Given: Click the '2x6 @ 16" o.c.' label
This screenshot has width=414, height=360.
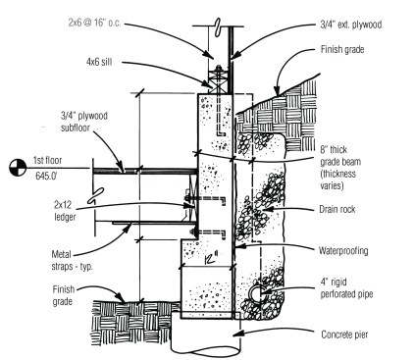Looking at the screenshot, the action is tap(94, 23).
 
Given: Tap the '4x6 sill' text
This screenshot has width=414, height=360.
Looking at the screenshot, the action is tap(99, 62).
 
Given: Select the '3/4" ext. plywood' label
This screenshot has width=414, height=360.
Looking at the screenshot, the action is tap(350, 25).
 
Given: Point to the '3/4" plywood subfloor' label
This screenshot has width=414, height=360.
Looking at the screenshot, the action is tap(84, 122).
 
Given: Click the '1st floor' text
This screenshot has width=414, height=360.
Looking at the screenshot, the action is tap(47, 160).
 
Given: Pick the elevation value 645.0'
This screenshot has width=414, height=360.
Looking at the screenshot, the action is tap(46, 176).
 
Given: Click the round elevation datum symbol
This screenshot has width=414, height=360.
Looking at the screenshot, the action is tap(18, 168).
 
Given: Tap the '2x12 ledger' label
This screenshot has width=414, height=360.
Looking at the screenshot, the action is tap(65, 211).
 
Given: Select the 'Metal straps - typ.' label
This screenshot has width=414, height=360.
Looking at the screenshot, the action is tap(73, 260).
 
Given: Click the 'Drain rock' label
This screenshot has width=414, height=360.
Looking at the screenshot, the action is tap(337, 209).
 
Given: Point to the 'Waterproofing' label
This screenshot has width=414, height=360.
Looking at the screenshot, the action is tap(343, 251).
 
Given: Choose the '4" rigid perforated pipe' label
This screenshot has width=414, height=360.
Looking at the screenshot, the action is tap(346, 288).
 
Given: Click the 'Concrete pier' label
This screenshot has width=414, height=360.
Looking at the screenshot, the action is tap(344, 334).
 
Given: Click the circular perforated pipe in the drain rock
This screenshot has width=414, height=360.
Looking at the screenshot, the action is tap(258, 292).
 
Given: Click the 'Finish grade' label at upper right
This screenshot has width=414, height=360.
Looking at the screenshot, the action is tap(342, 50).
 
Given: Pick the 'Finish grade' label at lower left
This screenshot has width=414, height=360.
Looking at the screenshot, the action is tap(64, 295).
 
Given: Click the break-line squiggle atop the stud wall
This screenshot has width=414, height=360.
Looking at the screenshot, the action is tap(218, 26).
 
